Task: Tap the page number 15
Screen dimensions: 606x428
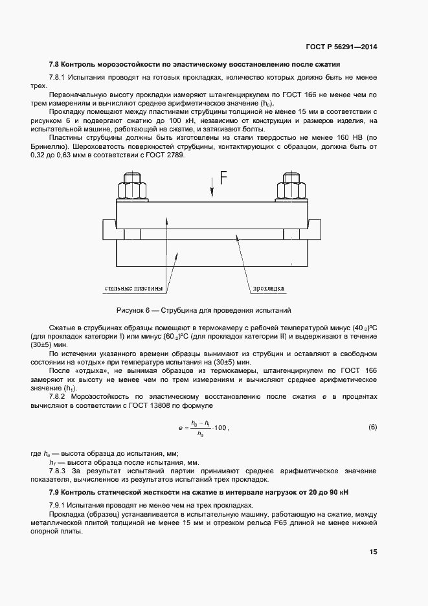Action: tap(373, 552)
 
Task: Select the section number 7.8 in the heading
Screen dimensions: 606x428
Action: tap(56, 65)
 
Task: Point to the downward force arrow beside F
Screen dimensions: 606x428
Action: tap(212, 188)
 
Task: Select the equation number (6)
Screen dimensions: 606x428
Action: tap(372, 427)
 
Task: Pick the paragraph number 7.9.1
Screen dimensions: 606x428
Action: tap(60, 505)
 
